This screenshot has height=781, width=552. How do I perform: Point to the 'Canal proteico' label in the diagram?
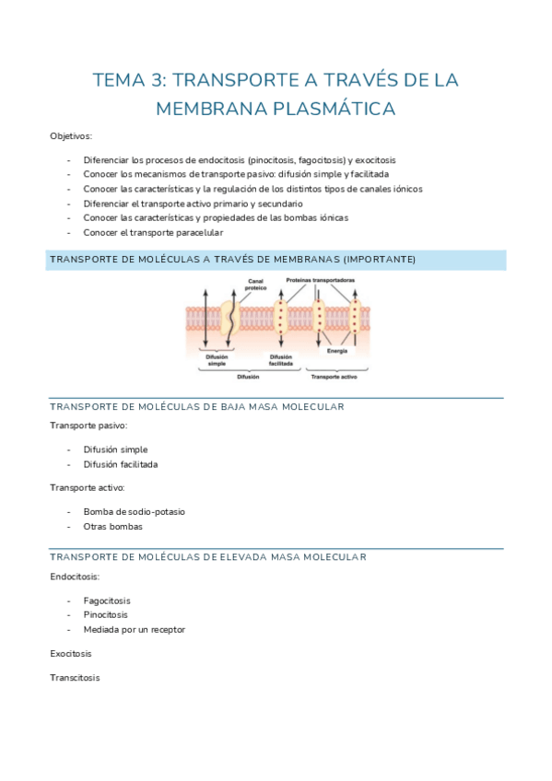pos(256,285)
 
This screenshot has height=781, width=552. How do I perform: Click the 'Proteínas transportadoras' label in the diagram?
pos(321,280)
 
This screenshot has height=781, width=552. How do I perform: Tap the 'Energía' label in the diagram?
pos(337,351)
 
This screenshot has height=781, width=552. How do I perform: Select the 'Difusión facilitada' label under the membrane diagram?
pos(282,360)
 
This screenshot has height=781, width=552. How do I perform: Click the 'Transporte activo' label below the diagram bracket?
pos(334,377)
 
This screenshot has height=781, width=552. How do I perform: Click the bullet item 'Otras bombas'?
pos(112,526)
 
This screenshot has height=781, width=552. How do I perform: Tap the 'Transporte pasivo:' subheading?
pos(88,425)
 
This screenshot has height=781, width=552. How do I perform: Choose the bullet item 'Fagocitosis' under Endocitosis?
pos(106,600)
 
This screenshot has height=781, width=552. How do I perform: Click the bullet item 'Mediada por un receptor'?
pos(134,630)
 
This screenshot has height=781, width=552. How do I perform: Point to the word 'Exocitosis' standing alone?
pos(71,653)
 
